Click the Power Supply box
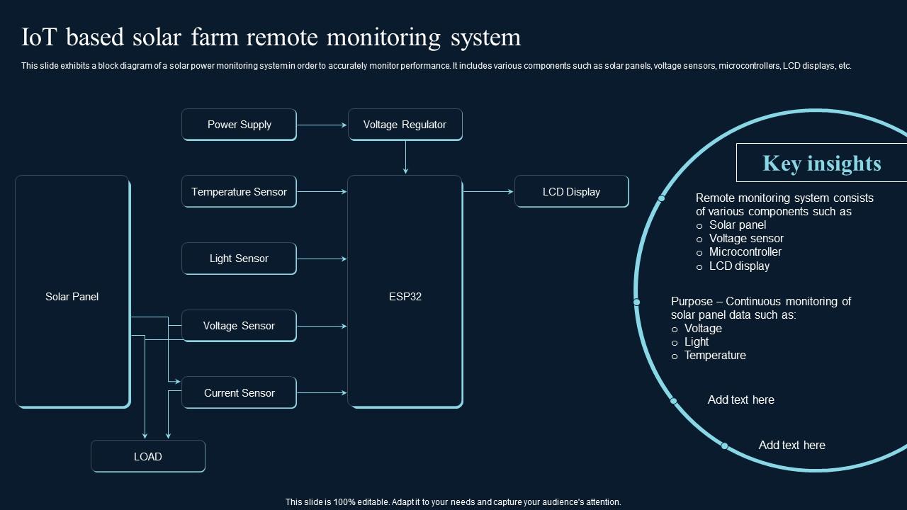coord(239,125)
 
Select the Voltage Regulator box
coord(405,125)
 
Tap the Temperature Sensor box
coord(239,192)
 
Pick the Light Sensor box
coord(239,259)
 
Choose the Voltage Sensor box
coord(239,326)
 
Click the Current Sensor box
coord(239,393)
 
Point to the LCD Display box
coord(571,192)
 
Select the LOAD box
coord(147,457)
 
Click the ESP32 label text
coord(405,297)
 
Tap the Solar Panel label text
coord(72,297)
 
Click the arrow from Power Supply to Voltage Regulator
coord(322,125)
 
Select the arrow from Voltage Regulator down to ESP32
coord(405,157)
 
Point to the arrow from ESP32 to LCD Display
coord(488,191)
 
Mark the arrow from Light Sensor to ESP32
coord(322,259)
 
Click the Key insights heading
coord(821,163)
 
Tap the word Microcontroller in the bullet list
coord(745,252)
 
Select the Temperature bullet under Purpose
coord(714,356)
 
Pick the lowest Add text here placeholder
coord(791,446)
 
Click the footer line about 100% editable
coord(453,502)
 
